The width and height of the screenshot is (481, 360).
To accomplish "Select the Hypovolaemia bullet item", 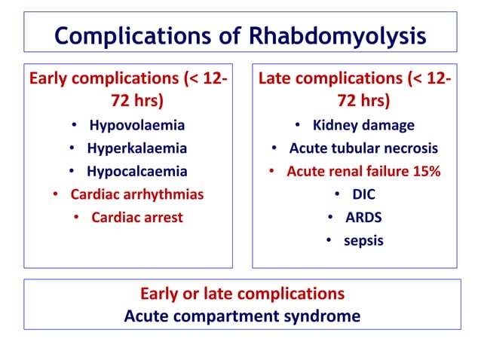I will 136,125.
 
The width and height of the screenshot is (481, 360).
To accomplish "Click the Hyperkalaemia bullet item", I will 136,148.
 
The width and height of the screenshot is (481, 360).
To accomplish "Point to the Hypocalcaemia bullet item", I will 136,171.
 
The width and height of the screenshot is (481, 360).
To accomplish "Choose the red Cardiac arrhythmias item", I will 137,194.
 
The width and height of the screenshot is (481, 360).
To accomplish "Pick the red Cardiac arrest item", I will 137,218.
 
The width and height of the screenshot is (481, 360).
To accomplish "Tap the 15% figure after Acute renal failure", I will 426,171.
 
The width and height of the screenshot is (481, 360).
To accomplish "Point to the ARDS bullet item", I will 363,218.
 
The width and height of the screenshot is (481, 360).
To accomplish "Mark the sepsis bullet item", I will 363,241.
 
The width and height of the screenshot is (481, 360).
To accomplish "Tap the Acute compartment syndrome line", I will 241,316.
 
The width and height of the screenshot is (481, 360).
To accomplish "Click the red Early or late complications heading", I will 241,293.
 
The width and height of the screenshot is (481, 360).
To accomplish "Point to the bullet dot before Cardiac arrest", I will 78,218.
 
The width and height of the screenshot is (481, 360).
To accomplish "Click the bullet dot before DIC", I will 334,195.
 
